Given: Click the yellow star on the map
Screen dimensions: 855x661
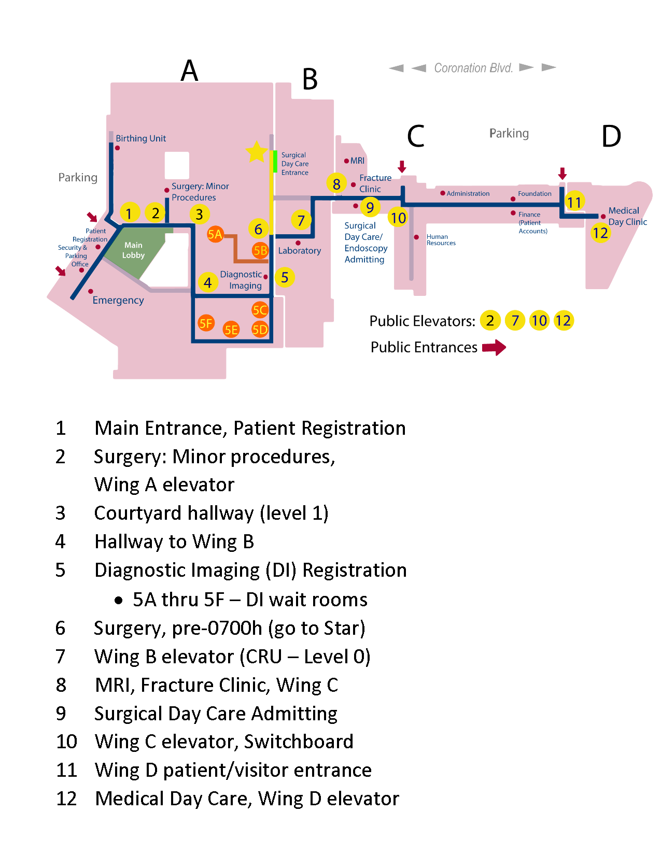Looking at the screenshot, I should point(257,152).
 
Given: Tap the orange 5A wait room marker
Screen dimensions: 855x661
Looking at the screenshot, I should point(215,234).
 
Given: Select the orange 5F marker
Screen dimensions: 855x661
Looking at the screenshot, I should point(206,323).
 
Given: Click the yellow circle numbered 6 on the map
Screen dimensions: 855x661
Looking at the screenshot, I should point(258,229).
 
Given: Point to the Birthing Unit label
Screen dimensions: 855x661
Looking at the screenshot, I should point(140,138).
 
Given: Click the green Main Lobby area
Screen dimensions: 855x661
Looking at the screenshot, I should point(133,250).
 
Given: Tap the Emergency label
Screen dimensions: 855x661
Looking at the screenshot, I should point(118,300).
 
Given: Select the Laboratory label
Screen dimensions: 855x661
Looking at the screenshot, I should point(299,250).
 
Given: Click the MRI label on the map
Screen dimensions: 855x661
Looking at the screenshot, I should point(357,161).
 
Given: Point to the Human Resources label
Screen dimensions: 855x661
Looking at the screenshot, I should point(441,240).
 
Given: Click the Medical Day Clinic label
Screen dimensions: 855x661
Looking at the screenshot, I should point(627,216).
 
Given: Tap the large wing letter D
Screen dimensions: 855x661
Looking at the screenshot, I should point(611,136).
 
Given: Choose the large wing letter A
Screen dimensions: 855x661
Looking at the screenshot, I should point(189,70).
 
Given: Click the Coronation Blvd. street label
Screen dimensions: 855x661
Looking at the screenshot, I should point(473,68).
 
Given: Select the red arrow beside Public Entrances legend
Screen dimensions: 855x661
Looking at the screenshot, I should point(494,347).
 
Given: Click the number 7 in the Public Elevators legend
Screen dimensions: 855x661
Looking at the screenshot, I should point(515,321).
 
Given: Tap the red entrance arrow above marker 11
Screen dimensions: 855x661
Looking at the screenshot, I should point(562,173).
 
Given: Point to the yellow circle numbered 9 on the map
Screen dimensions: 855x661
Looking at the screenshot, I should point(370,207).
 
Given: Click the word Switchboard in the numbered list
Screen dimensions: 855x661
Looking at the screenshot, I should point(299,742).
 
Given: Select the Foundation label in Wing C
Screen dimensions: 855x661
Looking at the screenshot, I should point(535,193).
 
